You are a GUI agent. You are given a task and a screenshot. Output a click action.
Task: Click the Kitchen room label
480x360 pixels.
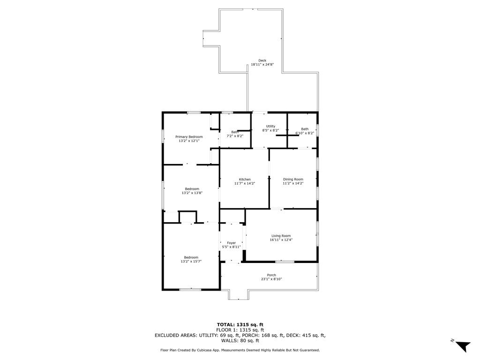tap(245, 180)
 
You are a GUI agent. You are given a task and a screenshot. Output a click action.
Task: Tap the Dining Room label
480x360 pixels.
tap(293, 180)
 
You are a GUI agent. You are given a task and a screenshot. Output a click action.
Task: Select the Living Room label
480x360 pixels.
tap(281, 236)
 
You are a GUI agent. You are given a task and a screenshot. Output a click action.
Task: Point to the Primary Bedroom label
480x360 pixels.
tap(189, 137)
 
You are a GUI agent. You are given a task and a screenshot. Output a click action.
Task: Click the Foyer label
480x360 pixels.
tap(232, 243)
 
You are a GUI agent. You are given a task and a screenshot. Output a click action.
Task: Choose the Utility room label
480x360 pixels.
tap(270, 126)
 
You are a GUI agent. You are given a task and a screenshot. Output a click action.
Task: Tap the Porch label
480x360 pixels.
tap(271, 275)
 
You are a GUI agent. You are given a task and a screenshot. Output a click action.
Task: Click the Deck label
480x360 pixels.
tap(262, 60)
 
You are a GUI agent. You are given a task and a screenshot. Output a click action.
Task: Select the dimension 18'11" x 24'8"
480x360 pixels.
tap(262, 65)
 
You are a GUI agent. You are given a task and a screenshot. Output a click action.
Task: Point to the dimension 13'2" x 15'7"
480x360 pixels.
tap(191, 262)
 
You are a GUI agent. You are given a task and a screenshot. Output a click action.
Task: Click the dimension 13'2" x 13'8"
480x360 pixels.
tap(192, 193)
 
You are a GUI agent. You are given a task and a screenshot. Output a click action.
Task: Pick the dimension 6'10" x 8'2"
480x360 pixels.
tap(305, 133)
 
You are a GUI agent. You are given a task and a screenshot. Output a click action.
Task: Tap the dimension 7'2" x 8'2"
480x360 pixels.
tap(235, 136)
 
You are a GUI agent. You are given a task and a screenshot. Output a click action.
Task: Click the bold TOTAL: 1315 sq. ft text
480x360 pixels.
tap(240, 325)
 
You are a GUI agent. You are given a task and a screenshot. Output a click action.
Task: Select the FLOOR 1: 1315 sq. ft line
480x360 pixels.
tap(240, 330)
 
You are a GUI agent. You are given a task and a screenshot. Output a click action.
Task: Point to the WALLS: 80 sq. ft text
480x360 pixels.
tap(240, 340)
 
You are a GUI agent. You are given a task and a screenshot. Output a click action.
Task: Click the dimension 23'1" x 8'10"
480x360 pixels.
tap(271, 279)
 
